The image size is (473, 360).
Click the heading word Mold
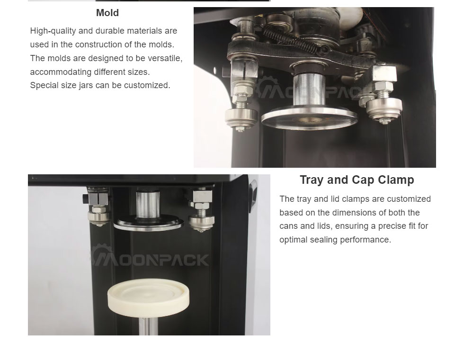107,13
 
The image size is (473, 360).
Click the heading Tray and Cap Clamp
357,180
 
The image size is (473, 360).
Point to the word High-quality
53,31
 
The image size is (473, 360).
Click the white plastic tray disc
148,297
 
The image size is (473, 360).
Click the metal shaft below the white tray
148,325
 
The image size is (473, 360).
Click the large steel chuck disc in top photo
309,117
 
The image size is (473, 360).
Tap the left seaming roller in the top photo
241,117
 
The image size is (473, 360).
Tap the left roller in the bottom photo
99,217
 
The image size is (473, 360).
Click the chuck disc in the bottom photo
148,223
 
